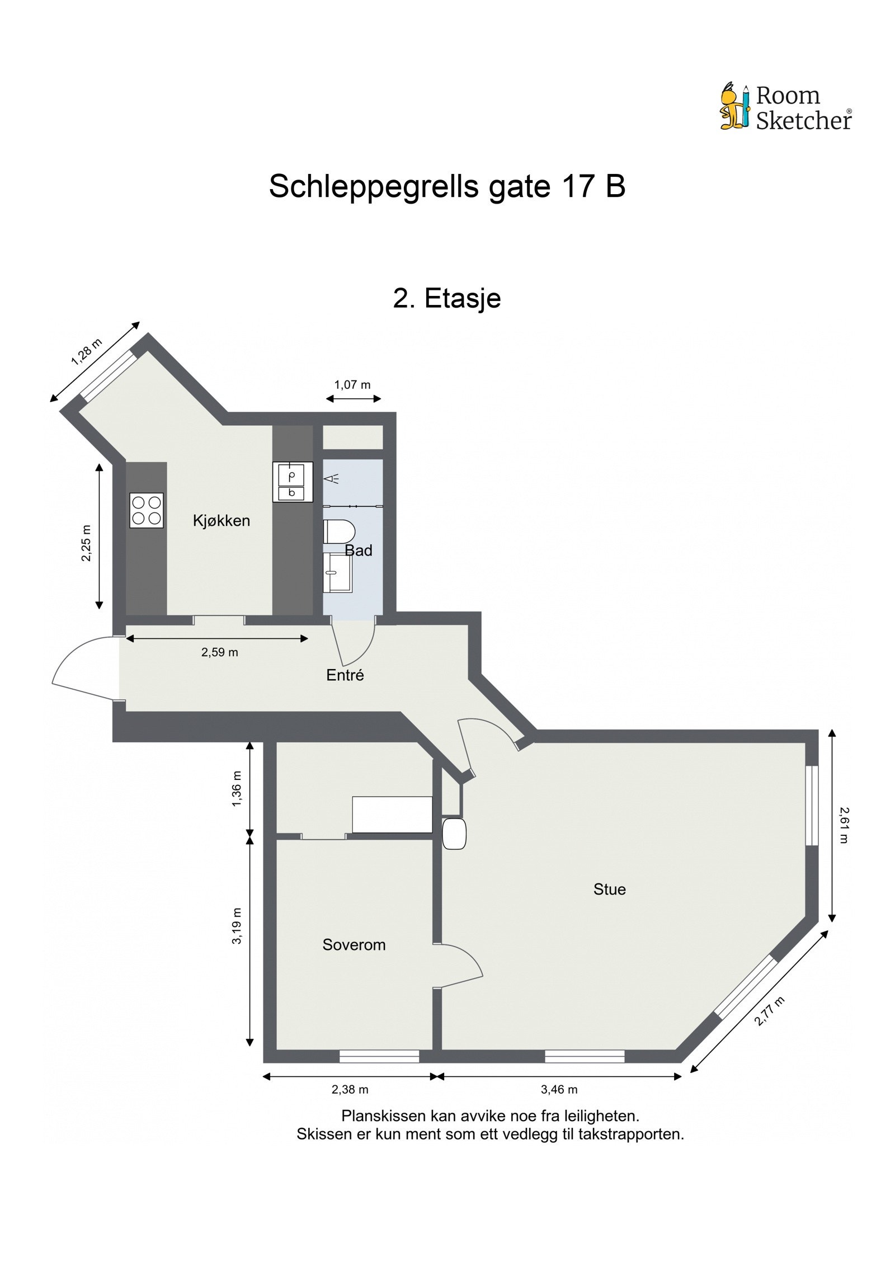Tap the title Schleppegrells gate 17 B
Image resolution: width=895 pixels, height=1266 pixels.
click(446, 186)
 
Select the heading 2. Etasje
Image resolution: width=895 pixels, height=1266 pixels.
click(446, 298)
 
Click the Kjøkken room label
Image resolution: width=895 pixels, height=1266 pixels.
click(221, 520)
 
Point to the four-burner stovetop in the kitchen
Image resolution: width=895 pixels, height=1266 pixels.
click(147, 510)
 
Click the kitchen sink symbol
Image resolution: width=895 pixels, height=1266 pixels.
click(292, 482)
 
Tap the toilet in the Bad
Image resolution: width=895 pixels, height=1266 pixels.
click(339, 531)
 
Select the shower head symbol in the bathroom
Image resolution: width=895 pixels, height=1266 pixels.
click(332, 478)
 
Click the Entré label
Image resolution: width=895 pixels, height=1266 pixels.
click(345, 675)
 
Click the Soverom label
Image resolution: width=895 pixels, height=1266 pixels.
click(354, 945)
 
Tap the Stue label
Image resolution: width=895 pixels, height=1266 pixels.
click(609, 889)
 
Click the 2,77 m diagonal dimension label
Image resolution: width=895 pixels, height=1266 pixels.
click(769, 1011)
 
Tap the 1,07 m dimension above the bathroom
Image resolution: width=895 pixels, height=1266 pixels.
click(352, 385)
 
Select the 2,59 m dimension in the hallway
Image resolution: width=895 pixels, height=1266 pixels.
click(219, 652)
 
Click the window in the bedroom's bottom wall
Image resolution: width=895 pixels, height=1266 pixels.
click(379, 1056)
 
